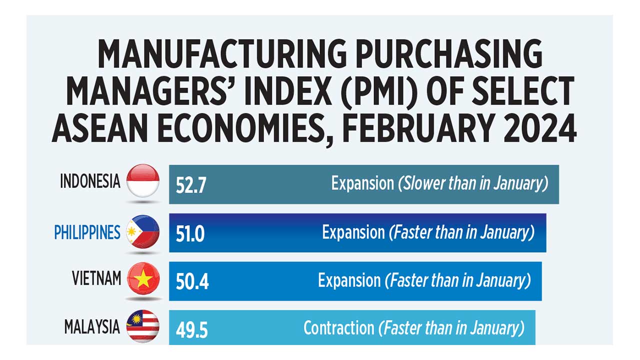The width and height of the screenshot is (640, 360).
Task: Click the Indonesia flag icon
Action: pos(143,181)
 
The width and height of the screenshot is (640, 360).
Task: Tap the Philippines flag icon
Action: pos(143,232)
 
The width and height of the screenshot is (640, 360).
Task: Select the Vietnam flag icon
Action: pos(143,278)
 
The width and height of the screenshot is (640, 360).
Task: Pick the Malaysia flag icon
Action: pos(143,326)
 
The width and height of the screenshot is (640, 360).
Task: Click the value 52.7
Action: pos(191,185)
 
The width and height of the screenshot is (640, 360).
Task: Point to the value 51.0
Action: pos(190,233)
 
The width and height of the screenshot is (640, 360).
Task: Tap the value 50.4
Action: pos(192,282)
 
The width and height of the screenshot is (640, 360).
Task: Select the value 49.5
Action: pos(191,330)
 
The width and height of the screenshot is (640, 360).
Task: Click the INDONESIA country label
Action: pos(90,181)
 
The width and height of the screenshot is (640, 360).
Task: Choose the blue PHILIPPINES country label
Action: pos(87,232)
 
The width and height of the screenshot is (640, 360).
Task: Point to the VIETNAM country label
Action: pos(96,279)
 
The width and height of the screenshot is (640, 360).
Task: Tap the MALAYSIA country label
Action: pos(92,327)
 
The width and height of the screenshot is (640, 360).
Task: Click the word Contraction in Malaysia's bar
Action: pos(338,328)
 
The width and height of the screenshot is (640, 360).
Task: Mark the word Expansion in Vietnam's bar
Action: pos(349,280)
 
